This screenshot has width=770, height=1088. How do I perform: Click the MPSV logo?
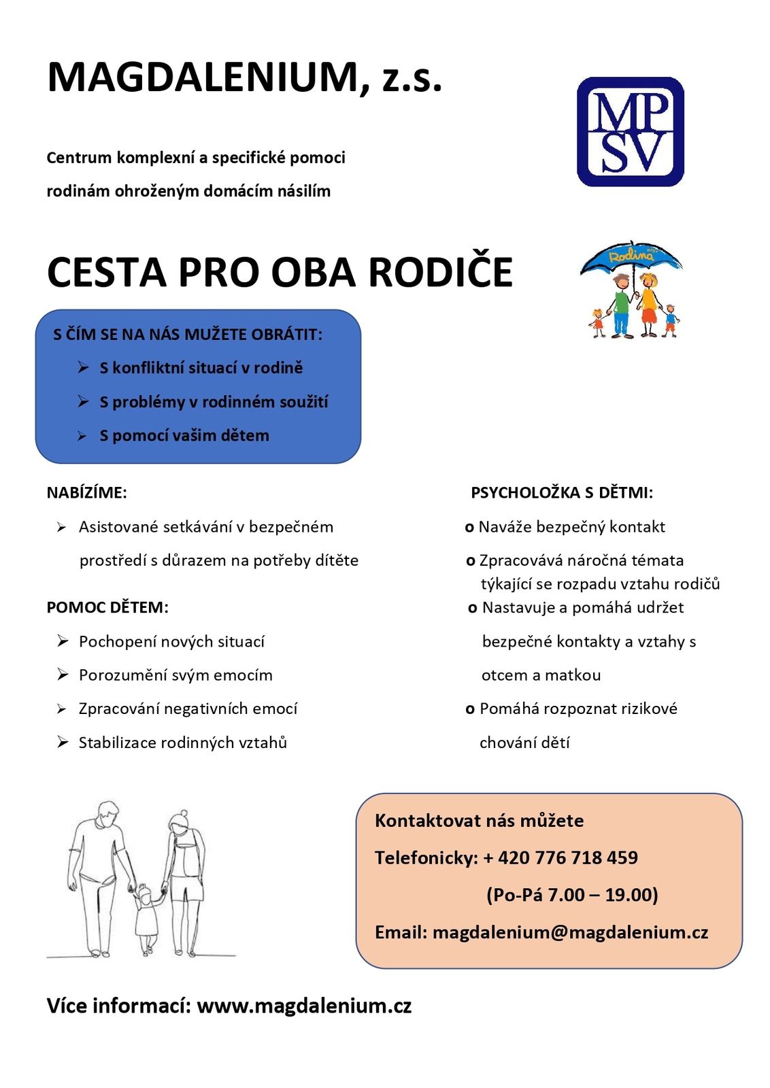click(x=630, y=132)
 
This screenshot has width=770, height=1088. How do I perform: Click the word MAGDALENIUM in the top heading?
click(x=203, y=78)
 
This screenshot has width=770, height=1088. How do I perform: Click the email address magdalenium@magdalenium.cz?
click(x=570, y=932)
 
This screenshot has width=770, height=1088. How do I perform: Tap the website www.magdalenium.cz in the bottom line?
click(x=304, y=1006)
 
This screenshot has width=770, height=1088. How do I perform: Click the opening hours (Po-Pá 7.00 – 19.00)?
click(x=572, y=895)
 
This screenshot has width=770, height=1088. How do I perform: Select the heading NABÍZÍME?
click(x=86, y=493)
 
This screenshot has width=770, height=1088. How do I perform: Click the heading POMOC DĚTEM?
click(x=107, y=607)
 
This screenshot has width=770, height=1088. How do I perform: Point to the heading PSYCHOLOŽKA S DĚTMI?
click(x=562, y=493)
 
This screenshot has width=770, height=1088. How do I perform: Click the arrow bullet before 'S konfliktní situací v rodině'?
click(x=83, y=368)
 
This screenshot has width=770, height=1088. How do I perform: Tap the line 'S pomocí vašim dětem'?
click(x=184, y=436)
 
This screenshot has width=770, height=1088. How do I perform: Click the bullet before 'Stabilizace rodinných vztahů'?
click(x=63, y=743)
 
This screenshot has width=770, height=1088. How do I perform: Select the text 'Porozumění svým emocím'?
click(x=175, y=675)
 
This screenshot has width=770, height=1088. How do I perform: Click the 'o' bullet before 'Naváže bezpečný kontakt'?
click(x=469, y=528)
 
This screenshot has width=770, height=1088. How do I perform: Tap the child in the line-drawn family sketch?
click(x=146, y=918)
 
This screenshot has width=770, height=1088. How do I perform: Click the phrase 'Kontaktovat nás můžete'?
click(x=479, y=821)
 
